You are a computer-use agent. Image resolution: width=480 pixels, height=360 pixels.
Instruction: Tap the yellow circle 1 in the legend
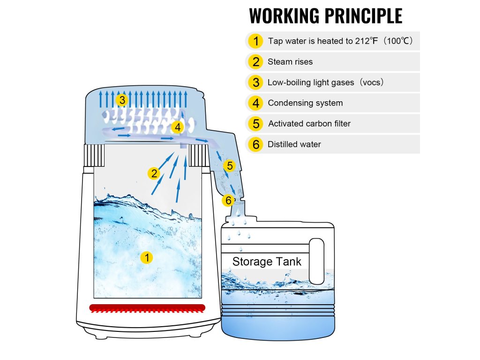click(x=255, y=41)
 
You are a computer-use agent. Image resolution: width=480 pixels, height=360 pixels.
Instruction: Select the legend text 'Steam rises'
click(x=290, y=62)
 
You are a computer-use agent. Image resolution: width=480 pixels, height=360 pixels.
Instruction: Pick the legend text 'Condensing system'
click(x=305, y=103)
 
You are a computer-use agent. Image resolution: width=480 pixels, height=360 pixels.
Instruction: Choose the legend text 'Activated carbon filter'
click(x=309, y=124)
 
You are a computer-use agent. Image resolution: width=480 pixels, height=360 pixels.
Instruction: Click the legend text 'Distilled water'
click(x=294, y=144)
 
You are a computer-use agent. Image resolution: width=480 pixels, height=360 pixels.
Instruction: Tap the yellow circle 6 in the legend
click(x=255, y=144)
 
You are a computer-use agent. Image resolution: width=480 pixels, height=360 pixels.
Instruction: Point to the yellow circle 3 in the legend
click(x=255, y=82)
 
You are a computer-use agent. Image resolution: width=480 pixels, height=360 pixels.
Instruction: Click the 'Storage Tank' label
click(x=267, y=262)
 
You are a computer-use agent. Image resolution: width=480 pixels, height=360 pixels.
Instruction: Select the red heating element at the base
click(x=147, y=308)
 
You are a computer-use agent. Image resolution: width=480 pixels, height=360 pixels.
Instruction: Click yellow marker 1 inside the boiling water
click(x=147, y=257)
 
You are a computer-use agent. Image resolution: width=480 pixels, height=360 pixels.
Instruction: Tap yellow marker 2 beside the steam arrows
click(x=154, y=174)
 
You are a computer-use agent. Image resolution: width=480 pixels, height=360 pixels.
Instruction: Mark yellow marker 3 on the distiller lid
click(x=122, y=100)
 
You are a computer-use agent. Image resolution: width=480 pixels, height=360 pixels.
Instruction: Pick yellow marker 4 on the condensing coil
click(x=177, y=127)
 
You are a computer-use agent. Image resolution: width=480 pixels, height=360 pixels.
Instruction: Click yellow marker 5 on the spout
click(x=229, y=165)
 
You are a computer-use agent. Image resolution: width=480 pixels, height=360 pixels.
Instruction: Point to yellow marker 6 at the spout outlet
click(x=228, y=201)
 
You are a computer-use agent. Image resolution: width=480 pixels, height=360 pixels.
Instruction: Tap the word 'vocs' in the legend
click(x=371, y=82)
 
